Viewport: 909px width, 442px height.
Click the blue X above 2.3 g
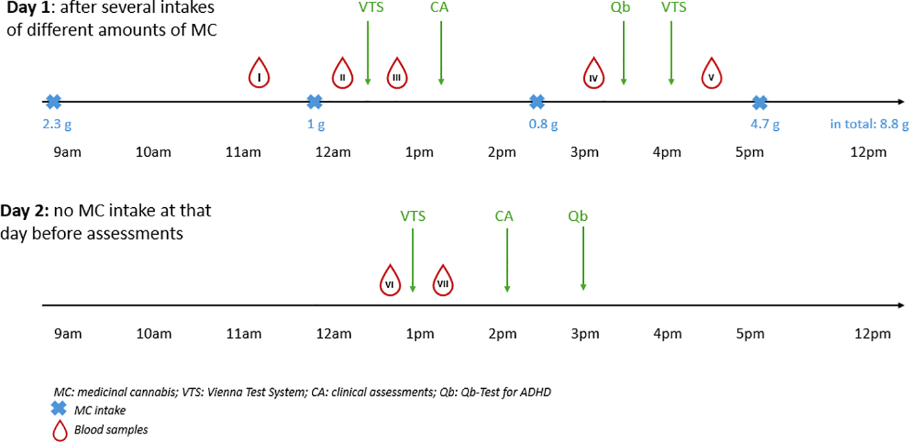coord(53,101)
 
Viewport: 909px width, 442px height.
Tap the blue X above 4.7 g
coord(760,101)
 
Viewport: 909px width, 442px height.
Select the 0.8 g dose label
coord(543,124)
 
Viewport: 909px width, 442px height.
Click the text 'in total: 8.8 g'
coord(869,124)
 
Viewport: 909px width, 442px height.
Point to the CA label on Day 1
coord(440,8)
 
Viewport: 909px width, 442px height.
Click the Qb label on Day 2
coord(577,217)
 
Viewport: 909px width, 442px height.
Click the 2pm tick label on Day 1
coord(502,153)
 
